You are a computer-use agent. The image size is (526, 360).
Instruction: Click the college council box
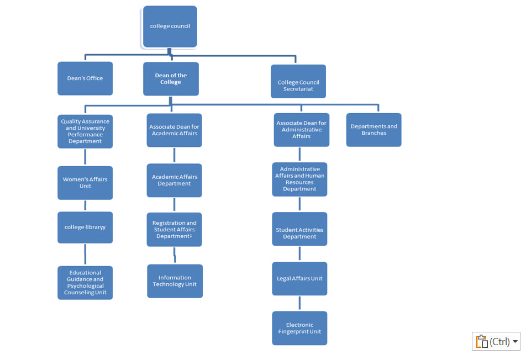point(170,27)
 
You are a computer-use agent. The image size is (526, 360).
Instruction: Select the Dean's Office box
point(85,78)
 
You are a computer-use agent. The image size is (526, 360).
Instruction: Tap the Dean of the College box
point(171,79)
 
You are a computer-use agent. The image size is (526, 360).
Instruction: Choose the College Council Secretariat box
point(298,82)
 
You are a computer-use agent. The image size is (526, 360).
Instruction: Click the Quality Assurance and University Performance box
point(85,131)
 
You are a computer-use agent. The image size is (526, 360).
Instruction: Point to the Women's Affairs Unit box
point(85,183)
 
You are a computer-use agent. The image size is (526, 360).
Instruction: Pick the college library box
point(85,227)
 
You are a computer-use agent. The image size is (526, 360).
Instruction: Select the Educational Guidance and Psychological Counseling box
point(85,283)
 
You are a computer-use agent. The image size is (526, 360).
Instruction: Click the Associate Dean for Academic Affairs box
point(174,130)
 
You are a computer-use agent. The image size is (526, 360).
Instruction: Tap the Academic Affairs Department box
point(174,181)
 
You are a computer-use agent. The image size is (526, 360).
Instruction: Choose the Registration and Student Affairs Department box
point(174,230)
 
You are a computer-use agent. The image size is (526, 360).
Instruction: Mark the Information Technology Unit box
point(175,281)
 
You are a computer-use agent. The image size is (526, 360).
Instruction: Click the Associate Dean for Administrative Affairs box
point(301,130)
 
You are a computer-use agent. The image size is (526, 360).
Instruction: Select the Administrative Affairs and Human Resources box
point(299,179)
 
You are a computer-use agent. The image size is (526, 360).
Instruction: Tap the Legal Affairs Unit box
point(299,279)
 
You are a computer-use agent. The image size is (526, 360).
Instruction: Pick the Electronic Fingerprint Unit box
point(299,328)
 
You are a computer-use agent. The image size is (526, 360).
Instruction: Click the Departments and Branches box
point(374,130)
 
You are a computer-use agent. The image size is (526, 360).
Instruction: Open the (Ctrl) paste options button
point(496,341)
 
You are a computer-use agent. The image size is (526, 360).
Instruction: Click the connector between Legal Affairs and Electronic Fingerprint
point(299,303)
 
